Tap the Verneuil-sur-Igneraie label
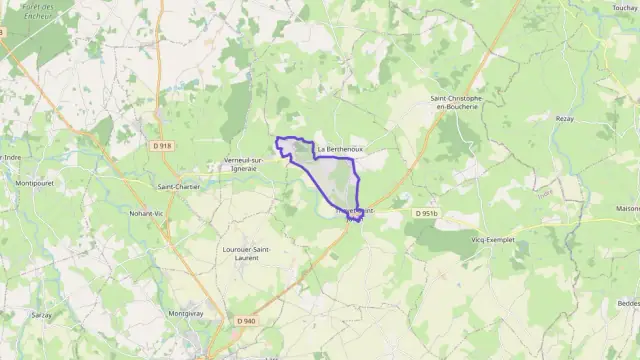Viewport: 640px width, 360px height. [x=244, y=164]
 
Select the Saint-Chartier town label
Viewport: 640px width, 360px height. [x=179, y=186]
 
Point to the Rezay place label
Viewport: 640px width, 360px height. [x=565, y=118]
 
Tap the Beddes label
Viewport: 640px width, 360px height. [x=628, y=302]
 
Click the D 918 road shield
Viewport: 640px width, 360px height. [x=163, y=145]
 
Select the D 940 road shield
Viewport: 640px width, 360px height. [x=247, y=320]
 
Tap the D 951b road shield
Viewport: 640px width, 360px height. [x=427, y=213]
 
